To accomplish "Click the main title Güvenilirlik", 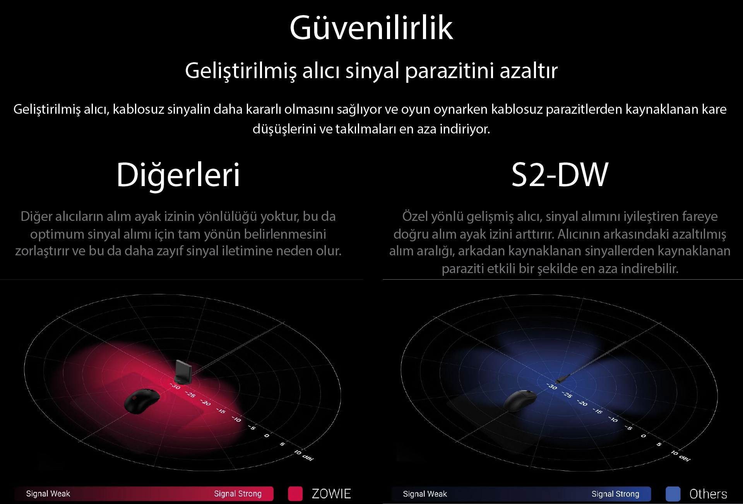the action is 371,27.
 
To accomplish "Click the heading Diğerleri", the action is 178,175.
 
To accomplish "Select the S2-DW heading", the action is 560,175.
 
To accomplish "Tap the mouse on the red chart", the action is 142,401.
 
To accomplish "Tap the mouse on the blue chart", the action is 520,400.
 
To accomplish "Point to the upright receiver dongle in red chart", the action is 182,372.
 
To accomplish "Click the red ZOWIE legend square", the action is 295,494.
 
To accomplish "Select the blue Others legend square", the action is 673,494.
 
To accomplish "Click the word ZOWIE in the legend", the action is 331,494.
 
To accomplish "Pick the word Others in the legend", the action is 708,494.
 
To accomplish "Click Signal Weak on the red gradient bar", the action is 48,494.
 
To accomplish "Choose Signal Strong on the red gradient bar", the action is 238,494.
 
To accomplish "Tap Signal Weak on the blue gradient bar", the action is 425,494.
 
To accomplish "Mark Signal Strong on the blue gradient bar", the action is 615,494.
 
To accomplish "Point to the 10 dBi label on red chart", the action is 304,455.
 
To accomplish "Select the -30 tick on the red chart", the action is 175,386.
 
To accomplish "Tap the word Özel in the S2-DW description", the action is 414,216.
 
